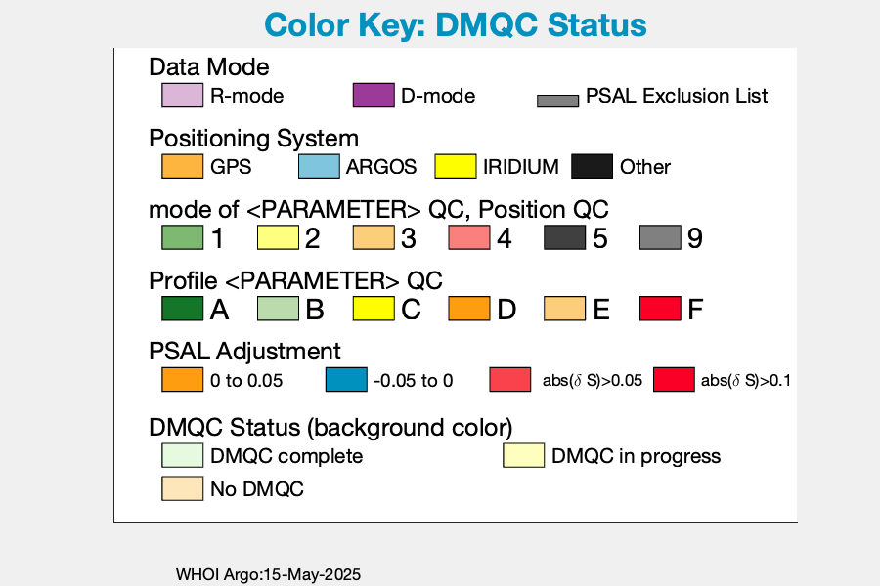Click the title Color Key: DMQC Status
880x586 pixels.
coord(455,25)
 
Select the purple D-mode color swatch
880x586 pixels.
coord(374,96)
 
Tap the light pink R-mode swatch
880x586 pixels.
coord(183,96)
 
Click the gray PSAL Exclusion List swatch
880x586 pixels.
coord(558,101)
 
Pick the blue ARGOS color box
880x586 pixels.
coord(319,167)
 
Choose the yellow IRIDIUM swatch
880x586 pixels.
coord(456,167)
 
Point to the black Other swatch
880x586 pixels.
coord(593,167)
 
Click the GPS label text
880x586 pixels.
coord(231,167)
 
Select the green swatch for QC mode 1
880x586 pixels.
coord(183,237)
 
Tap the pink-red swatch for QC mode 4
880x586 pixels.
coord(469,237)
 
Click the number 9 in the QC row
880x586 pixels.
coord(695,238)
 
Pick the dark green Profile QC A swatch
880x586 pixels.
coord(183,309)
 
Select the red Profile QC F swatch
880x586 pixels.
coord(661,309)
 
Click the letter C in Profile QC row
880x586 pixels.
coord(411,310)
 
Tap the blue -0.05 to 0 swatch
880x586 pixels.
coord(346,380)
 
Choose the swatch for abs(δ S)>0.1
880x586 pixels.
coord(674,380)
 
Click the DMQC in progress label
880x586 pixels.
coord(636,456)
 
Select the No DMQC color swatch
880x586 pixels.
coord(183,488)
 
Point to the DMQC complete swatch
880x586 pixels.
coord(183,455)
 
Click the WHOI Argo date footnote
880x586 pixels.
coord(268,575)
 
